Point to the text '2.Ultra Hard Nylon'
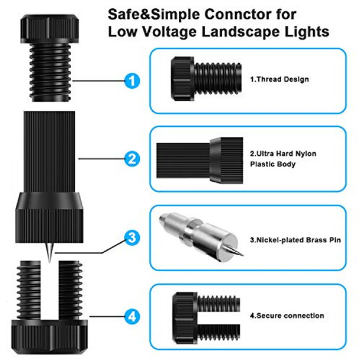point(282,153)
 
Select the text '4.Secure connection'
point(286,316)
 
